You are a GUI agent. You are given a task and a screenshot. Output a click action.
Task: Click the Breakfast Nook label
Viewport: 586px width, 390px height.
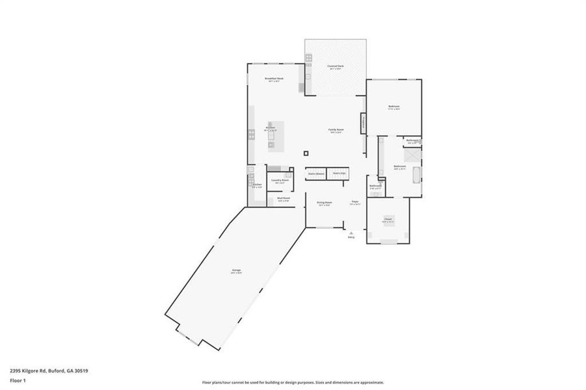(272, 78)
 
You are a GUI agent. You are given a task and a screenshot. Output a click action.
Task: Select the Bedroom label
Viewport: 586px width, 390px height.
(393, 106)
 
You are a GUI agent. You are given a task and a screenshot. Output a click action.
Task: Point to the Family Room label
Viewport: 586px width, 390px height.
(336, 129)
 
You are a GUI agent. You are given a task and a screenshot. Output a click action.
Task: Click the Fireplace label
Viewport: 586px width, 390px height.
(363, 122)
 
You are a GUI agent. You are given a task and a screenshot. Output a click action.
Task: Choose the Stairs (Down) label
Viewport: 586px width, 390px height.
(316, 174)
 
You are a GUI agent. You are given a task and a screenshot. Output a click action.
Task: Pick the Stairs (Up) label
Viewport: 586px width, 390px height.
(339, 174)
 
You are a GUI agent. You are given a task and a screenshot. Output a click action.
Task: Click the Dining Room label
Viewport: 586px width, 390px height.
(325, 202)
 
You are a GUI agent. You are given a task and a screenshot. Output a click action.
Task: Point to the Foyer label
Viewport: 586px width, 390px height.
(355, 202)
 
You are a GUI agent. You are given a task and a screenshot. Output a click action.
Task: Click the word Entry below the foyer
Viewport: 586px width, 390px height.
(351, 237)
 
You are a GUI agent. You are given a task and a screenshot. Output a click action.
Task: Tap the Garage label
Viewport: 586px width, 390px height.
(235, 272)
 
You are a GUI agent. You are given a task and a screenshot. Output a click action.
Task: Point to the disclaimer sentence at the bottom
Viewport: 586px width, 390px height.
(293, 382)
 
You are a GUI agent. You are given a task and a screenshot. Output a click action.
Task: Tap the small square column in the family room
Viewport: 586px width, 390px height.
(306, 153)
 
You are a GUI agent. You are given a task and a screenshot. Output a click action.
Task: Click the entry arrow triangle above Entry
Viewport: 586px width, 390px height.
(351, 232)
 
